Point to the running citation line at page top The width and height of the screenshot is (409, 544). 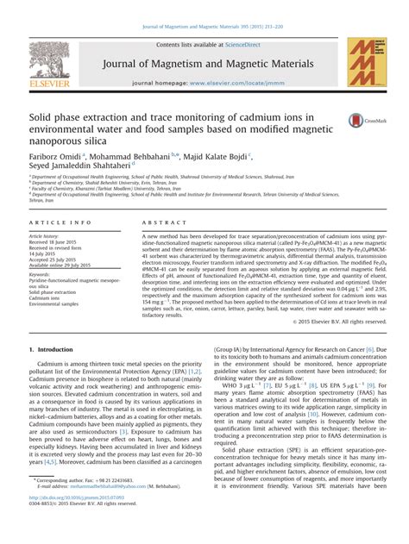coord(204,9)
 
